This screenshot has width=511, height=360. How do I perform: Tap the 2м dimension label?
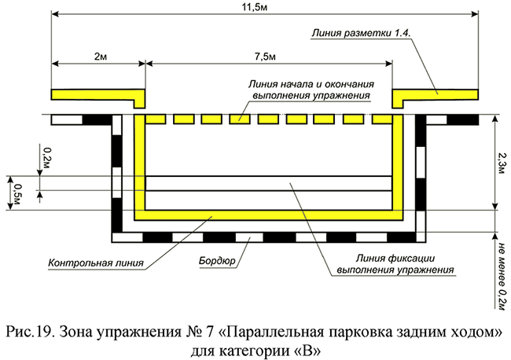pyautogui.click(x=97, y=57)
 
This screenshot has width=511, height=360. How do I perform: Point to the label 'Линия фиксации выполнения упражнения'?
pyautogui.click(x=396, y=264)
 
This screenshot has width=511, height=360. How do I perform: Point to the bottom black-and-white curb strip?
pyautogui.click(x=268, y=236)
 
